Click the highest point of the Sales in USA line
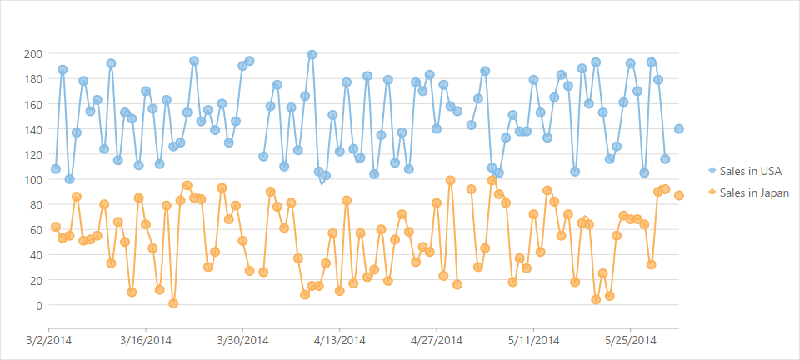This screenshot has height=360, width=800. pyautogui.click(x=312, y=55)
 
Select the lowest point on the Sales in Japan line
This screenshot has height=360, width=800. pyautogui.click(x=173, y=303)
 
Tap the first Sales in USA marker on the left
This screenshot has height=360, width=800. pyautogui.click(x=56, y=169)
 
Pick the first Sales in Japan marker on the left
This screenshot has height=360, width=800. pyautogui.click(x=56, y=227)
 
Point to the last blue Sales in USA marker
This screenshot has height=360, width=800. pyautogui.click(x=679, y=129)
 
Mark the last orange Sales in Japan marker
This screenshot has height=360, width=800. pyautogui.click(x=679, y=196)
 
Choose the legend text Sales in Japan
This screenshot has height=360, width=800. pyautogui.click(x=754, y=192)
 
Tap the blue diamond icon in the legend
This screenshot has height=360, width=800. pyautogui.click(x=712, y=171)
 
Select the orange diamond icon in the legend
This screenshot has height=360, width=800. pyautogui.click(x=712, y=192)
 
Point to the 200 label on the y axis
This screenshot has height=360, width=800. pyautogui.click(x=34, y=54)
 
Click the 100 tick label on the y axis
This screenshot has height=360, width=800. pyautogui.click(x=34, y=179)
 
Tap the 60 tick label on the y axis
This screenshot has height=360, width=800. pyautogui.click(x=37, y=230)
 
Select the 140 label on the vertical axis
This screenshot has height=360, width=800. pyautogui.click(x=34, y=129)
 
